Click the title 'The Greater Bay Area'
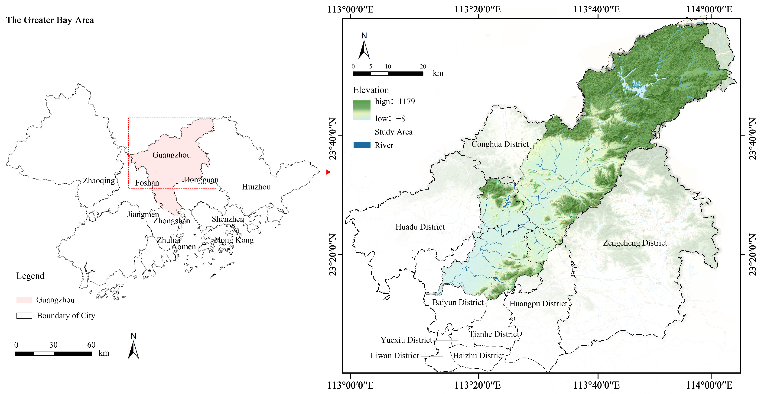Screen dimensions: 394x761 50,20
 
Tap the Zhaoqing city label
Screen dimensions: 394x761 99,180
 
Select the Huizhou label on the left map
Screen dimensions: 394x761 256,187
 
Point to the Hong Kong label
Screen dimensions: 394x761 234,240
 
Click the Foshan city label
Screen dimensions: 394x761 147,183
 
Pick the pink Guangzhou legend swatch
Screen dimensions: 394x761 24,300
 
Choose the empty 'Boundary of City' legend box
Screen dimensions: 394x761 24,315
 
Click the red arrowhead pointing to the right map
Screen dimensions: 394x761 328,172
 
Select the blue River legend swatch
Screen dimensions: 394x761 362,145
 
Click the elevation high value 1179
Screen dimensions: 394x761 407,102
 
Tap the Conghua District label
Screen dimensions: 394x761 500,144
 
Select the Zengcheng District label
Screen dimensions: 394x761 635,243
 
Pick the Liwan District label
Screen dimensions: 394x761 394,356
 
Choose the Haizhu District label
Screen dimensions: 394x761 478,356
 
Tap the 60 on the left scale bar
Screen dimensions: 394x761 91,345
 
